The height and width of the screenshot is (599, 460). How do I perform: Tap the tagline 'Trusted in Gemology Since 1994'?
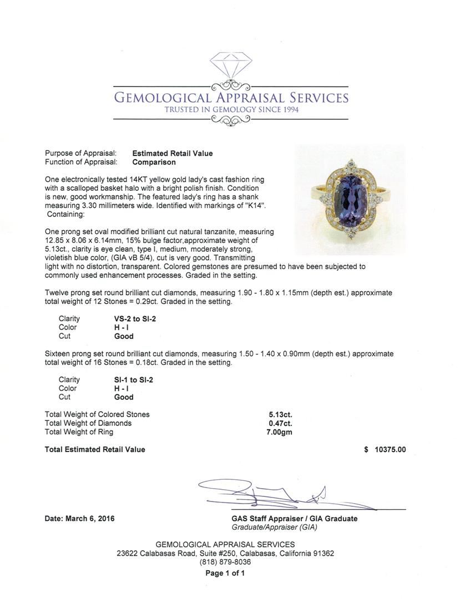[231, 110]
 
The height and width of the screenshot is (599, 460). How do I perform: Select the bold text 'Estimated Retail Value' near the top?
[172, 154]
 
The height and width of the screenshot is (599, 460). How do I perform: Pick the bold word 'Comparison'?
[154, 163]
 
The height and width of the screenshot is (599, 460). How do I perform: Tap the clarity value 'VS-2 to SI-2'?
[134, 319]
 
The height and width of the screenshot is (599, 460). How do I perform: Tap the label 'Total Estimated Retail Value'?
[95, 450]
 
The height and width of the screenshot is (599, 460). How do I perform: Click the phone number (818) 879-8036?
[225, 562]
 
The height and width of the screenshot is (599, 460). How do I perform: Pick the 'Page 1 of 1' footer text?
[225, 573]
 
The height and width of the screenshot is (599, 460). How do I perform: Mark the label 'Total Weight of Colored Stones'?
[97, 414]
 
